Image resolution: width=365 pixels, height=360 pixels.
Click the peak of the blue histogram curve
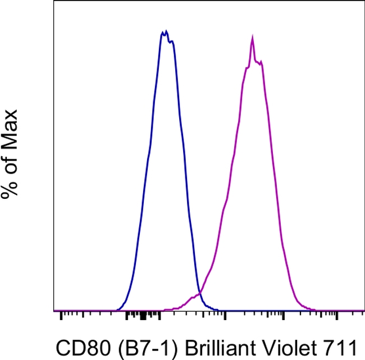[165, 32]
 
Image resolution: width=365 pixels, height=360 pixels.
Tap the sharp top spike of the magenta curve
[253, 38]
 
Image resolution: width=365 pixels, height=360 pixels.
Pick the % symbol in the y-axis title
[9, 188]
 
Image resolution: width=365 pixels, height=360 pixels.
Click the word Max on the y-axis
[9, 126]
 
